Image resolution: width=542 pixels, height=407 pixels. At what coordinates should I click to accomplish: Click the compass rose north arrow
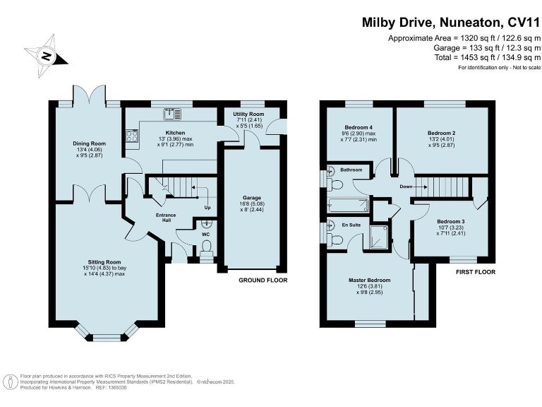tap(46, 55)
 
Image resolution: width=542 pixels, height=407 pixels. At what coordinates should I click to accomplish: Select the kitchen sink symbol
tap(173, 113)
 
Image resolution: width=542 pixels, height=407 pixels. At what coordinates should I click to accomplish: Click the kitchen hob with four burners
tap(132, 136)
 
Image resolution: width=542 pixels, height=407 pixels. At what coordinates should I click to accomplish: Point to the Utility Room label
tap(248, 114)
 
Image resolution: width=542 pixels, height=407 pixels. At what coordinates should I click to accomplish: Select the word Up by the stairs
tap(207, 208)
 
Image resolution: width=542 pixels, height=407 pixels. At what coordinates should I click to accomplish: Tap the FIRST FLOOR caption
tap(476, 272)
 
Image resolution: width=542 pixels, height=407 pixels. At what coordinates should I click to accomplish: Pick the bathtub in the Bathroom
tap(348, 206)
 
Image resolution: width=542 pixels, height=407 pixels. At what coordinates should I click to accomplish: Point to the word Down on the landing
tap(406, 187)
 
